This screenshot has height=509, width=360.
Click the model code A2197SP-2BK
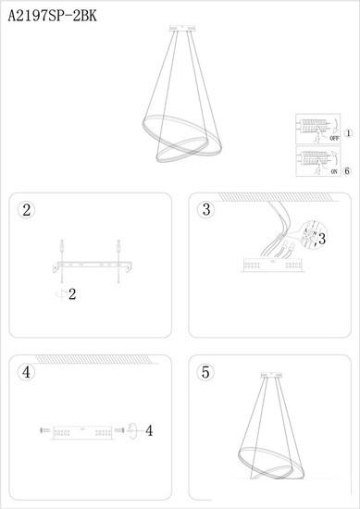(52, 16)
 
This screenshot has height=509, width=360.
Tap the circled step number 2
(26, 210)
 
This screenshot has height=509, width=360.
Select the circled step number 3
(206, 209)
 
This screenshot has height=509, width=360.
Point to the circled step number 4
(26, 372)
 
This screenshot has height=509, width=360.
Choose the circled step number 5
(205, 372)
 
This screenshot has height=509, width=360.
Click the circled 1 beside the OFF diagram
(348, 133)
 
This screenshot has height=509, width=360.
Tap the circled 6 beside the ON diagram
(347, 171)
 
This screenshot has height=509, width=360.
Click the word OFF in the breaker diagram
(334, 138)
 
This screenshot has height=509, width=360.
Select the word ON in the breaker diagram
(334, 172)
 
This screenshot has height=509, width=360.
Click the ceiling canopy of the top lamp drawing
(182, 29)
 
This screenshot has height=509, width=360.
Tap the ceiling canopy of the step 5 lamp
(271, 375)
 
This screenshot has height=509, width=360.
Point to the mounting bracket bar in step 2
(93, 266)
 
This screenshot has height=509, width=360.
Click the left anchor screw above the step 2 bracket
(62, 248)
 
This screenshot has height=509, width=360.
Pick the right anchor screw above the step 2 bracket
(118, 248)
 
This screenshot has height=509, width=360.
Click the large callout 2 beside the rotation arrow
(72, 294)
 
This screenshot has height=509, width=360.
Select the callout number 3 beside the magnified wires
(322, 240)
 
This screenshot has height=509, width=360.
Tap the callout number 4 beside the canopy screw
(149, 431)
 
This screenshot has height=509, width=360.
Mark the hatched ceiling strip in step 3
(275, 197)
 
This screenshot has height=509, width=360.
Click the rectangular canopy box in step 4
(82, 433)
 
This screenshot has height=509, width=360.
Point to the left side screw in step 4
(44, 430)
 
